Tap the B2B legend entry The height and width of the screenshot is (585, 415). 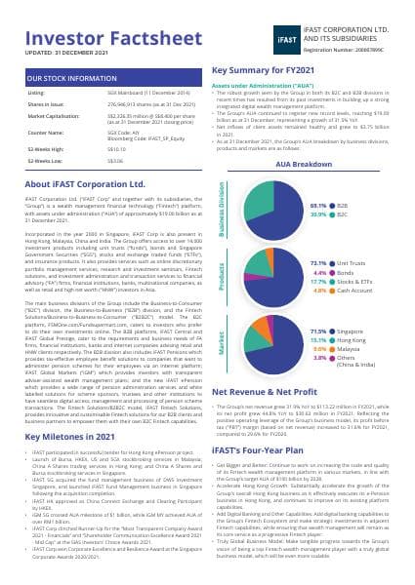click(342, 207)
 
